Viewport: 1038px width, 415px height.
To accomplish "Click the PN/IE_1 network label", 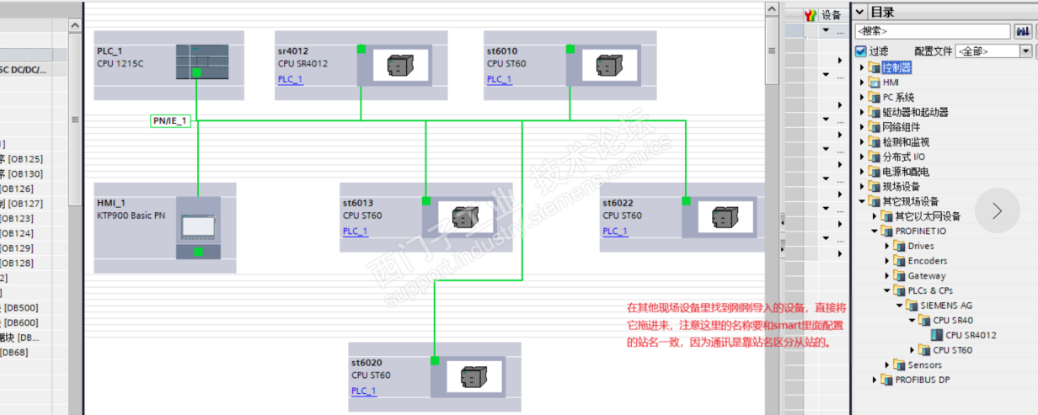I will pos(169,120).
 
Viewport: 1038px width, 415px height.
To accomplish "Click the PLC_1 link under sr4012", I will pos(290,80).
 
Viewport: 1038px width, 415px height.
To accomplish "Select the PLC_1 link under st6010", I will pos(499,80).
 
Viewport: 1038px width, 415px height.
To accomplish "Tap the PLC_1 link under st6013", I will pos(355,231).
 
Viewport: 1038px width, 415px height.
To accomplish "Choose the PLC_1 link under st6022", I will pos(614,231).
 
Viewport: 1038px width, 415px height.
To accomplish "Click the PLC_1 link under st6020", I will pos(363,391).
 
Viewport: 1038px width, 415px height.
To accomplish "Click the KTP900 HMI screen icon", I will pos(199,226).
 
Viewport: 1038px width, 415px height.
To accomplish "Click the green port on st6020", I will pos(435,360).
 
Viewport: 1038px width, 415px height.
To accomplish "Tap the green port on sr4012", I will pos(361,49).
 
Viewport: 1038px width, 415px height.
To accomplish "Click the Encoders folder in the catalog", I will pos(927,261).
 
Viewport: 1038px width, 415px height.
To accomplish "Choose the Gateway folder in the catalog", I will pos(926,276).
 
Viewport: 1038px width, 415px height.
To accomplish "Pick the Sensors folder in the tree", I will pos(924,365).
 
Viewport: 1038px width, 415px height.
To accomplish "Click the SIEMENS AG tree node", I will pos(945,306).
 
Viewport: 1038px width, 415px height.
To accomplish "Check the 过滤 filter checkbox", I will pos(860,51).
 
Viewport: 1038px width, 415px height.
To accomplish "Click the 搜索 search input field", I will pos(931,31).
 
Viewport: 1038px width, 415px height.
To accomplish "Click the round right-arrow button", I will pos(997,210).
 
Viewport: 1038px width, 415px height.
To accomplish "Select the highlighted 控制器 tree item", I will pos(896,67).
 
